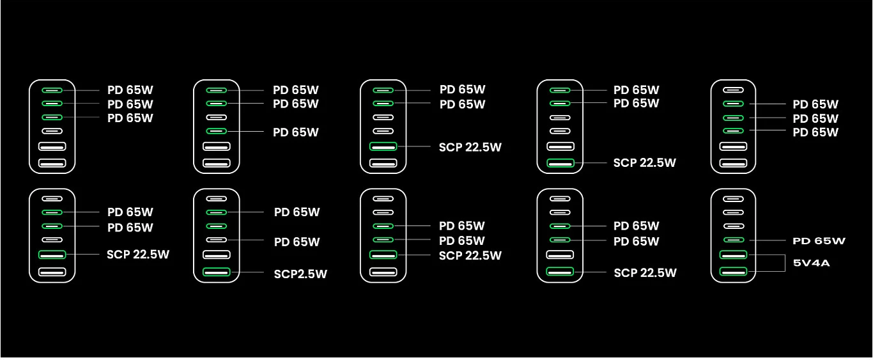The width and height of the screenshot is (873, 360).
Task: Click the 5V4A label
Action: pos(812,263)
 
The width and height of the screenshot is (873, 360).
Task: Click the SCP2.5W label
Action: pos(300,274)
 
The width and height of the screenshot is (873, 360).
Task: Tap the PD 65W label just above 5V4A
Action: pos(819,241)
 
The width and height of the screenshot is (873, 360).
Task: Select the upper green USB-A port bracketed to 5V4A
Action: pos(733,255)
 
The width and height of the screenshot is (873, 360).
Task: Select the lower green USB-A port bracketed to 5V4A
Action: pos(733,272)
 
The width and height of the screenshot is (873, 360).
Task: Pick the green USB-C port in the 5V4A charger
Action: pos(733,240)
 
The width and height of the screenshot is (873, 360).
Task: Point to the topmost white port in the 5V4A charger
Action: pos(733,199)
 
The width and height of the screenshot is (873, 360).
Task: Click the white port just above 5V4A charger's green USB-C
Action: pos(733,226)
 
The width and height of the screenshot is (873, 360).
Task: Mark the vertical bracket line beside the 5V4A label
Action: pos(785,263)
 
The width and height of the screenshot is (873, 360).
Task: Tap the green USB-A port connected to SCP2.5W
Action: pos(216,272)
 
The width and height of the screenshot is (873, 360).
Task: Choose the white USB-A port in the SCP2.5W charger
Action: pos(216,254)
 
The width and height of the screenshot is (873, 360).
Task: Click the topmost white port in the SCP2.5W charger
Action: pos(216,199)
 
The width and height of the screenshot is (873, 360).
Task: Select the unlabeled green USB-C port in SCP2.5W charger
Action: pos(216,226)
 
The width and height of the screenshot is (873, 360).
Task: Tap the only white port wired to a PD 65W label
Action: pos(216,240)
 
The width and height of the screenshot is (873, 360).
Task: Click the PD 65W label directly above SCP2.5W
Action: pos(297,242)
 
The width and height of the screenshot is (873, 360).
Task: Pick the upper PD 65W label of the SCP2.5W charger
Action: pos(297,212)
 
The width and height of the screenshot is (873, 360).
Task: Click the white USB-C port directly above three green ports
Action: pos(733,90)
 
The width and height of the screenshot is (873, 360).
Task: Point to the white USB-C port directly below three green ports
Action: pos(52,131)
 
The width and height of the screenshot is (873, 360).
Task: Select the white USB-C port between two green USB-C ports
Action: pos(216,118)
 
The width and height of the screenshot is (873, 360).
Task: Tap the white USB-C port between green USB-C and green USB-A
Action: pos(52,240)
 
